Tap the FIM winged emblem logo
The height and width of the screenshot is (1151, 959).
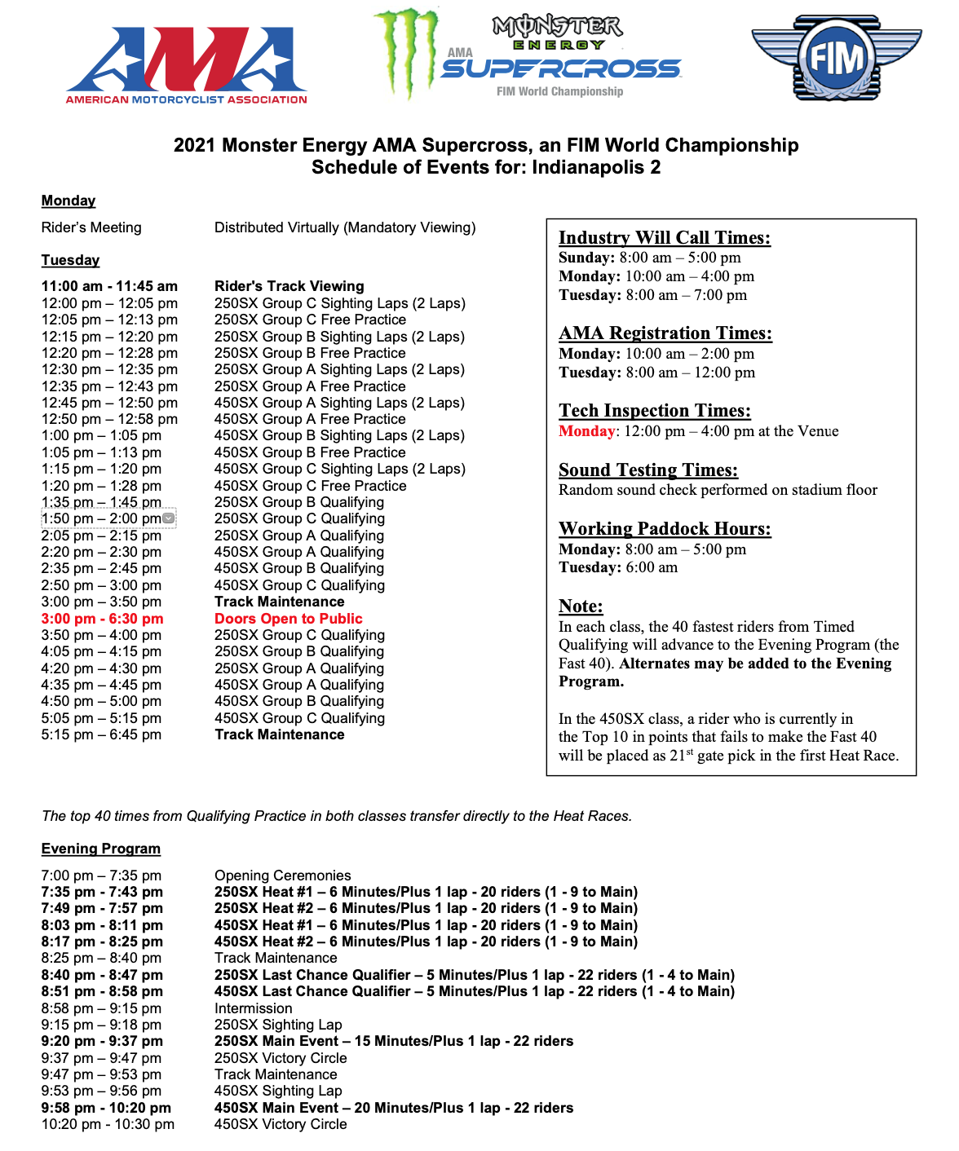click(x=835, y=58)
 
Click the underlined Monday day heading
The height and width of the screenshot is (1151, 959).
click(x=68, y=201)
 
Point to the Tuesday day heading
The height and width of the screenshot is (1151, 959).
click(x=70, y=260)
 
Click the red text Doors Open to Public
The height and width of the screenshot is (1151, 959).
click(x=288, y=619)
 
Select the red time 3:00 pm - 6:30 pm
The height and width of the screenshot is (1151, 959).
click(x=102, y=619)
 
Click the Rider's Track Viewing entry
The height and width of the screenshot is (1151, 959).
click(x=289, y=286)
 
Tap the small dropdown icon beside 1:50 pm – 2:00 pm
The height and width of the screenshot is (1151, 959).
click(x=168, y=518)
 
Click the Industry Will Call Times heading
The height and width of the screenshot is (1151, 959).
click(x=664, y=237)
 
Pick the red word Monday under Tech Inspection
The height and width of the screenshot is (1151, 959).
click(x=586, y=431)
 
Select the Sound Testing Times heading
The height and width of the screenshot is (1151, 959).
click(x=647, y=470)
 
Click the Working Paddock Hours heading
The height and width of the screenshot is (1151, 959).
click(x=664, y=528)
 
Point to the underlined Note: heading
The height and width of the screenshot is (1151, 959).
click(x=581, y=606)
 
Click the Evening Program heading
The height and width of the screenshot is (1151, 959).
click(x=101, y=849)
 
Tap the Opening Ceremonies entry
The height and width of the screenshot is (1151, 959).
click(x=282, y=875)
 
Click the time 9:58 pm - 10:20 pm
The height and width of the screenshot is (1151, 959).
click(x=106, y=1108)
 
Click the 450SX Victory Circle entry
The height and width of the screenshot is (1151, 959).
click(x=281, y=1124)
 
